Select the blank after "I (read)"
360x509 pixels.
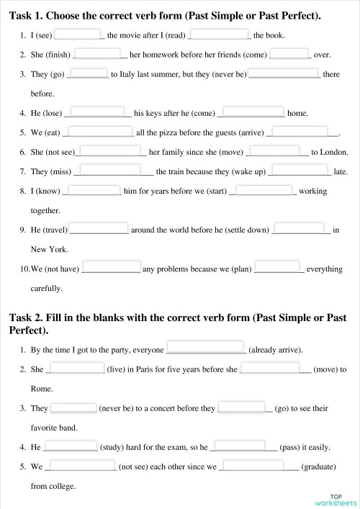click(x=219, y=33)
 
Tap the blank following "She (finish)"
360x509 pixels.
click(x=100, y=53)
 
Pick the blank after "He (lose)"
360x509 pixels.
click(x=98, y=112)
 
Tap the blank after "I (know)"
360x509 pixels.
click(x=92, y=191)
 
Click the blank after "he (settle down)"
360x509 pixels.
click(x=301, y=230)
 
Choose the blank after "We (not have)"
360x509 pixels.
click(x=111, y=269)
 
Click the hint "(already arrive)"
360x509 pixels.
click(x=276, y=350)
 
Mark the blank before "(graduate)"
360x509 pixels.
click(x=259, y=466)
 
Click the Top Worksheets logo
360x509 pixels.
click(x=336, y=500)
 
